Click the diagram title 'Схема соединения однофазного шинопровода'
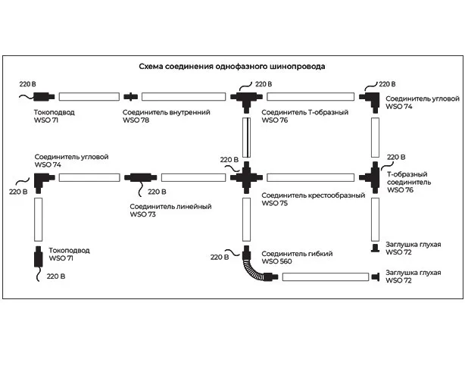(232, 67)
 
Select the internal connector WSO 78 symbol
(131, 97)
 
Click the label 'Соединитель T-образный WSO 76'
(304, 116)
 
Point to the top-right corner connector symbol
(373, 97)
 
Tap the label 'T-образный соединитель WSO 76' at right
(409, 183)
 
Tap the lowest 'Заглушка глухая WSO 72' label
(413, 276)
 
